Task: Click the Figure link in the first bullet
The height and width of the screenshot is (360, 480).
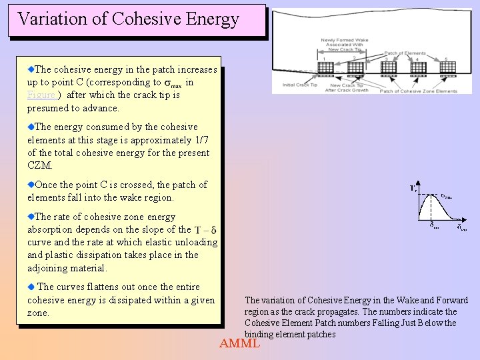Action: pos(41,95)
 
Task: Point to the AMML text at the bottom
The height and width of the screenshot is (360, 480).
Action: pos(240,344)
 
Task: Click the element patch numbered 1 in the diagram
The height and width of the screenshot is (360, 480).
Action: pos(326,68)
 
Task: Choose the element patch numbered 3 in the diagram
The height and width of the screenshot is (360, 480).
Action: pos(388,68)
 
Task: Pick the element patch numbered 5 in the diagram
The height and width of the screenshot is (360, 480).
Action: pos(448,68)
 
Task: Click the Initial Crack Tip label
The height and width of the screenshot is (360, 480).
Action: pos(299,85)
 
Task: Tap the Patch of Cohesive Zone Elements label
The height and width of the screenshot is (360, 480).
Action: pos(419,91)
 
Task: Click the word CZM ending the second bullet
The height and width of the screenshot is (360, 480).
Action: pos(39,165)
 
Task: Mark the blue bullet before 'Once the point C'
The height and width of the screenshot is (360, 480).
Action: pos(30,184)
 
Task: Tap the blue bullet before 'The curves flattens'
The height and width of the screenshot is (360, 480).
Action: pos(30,287)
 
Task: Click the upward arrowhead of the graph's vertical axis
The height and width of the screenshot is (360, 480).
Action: pos(417,183)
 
